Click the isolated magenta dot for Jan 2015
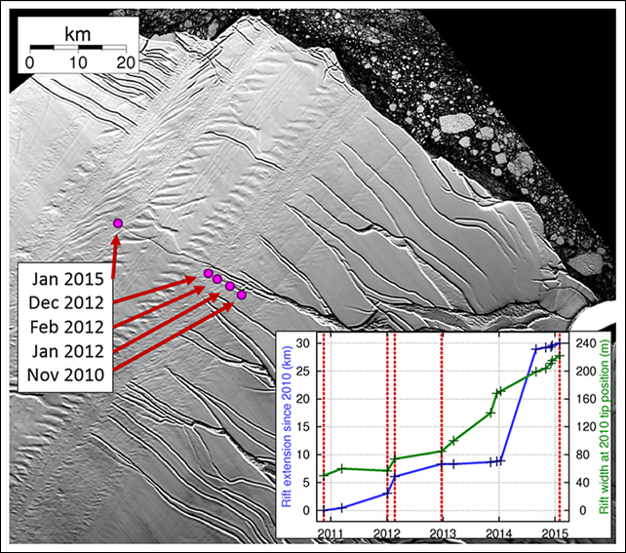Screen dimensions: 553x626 118,224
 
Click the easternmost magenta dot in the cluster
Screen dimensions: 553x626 242,295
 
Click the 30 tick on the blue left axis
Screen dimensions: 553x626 305,343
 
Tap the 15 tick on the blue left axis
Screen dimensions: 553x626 305,427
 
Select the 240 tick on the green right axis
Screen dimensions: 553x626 585,343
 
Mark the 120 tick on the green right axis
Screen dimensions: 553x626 585,427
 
